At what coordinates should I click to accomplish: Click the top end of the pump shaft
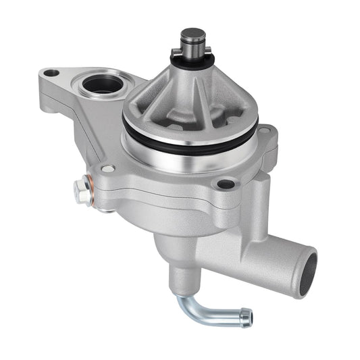tap(193, 33)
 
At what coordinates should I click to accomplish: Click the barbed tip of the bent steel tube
tap(245, 313)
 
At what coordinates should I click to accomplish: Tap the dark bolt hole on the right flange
tap(227, 183)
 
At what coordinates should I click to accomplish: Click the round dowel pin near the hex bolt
tap(107, 168)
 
